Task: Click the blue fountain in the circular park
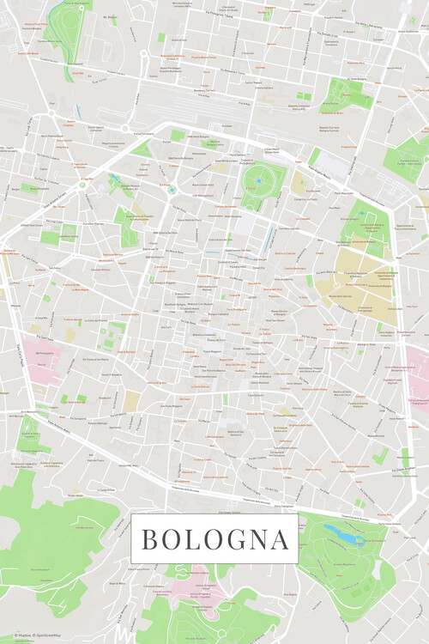(x=257, y=182)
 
